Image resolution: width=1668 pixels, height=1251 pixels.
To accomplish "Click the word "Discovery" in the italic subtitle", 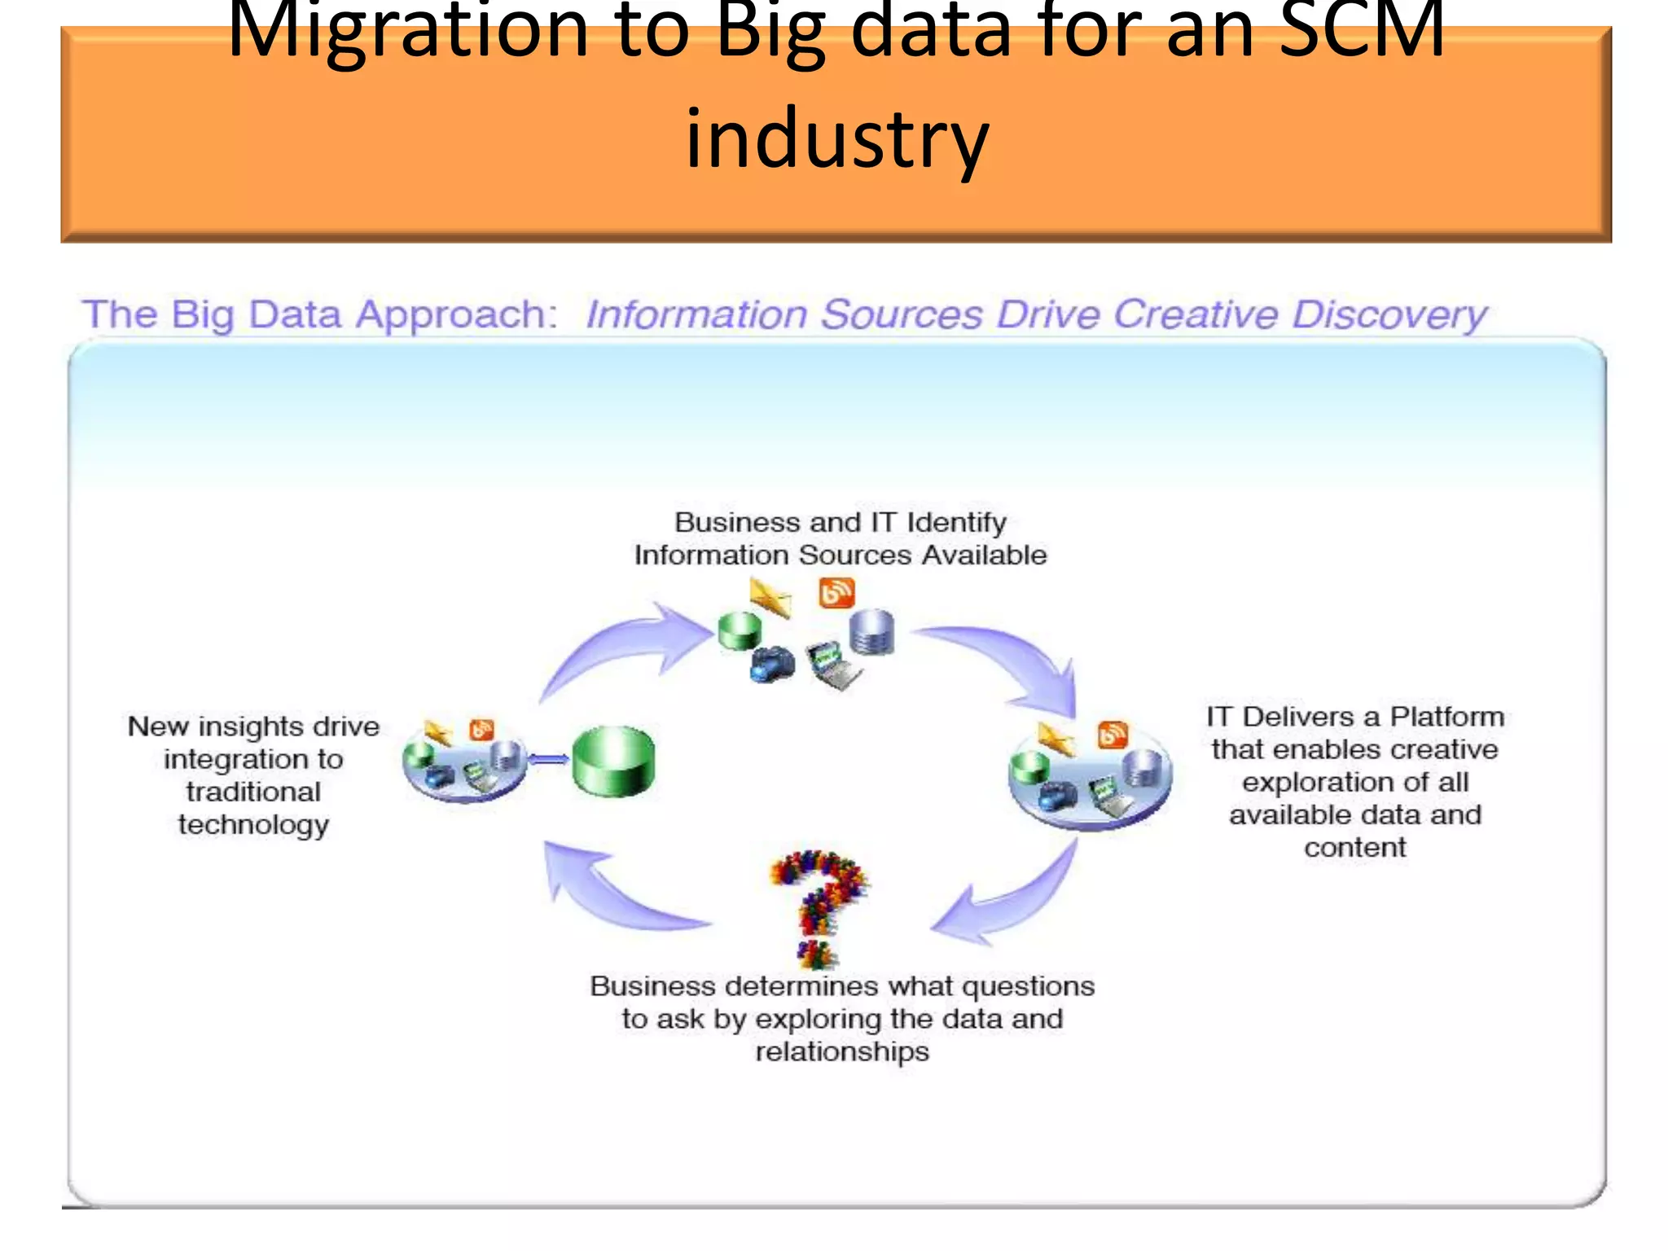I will pyautogui.click(x=1389, y=314).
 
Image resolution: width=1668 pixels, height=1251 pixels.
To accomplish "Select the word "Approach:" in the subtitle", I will pyautogui.click(x=456, y=314).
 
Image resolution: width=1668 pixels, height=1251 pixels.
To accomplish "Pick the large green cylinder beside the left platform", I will pyautogui.click(x=613, y=761).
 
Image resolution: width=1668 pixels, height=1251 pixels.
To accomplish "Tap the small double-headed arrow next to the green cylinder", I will pyautogui.click(x=548, y=759).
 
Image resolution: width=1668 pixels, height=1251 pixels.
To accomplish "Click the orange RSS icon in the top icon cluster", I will pyautogui.click(x=836, y=592).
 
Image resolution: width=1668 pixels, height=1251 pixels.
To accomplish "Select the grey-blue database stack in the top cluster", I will pyautogui.click(x=871, y=631).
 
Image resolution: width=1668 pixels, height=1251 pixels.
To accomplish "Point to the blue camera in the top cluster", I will pyautogui.click(x=771, y=665).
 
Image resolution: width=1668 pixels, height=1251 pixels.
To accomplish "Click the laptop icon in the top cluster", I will pyautogui.click(x=832, y=664).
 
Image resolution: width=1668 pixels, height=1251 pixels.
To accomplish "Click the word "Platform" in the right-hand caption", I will pyautogui.click(x=1446, y=717).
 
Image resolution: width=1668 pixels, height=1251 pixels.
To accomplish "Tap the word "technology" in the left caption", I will pyautogui.click(x=253, y=825).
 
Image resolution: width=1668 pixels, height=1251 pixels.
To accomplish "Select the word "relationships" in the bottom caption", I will pyautogui.click(x=842, y=1051).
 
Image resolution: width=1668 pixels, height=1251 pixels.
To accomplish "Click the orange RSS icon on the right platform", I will pyautogui.click(x=1113, y=735).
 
